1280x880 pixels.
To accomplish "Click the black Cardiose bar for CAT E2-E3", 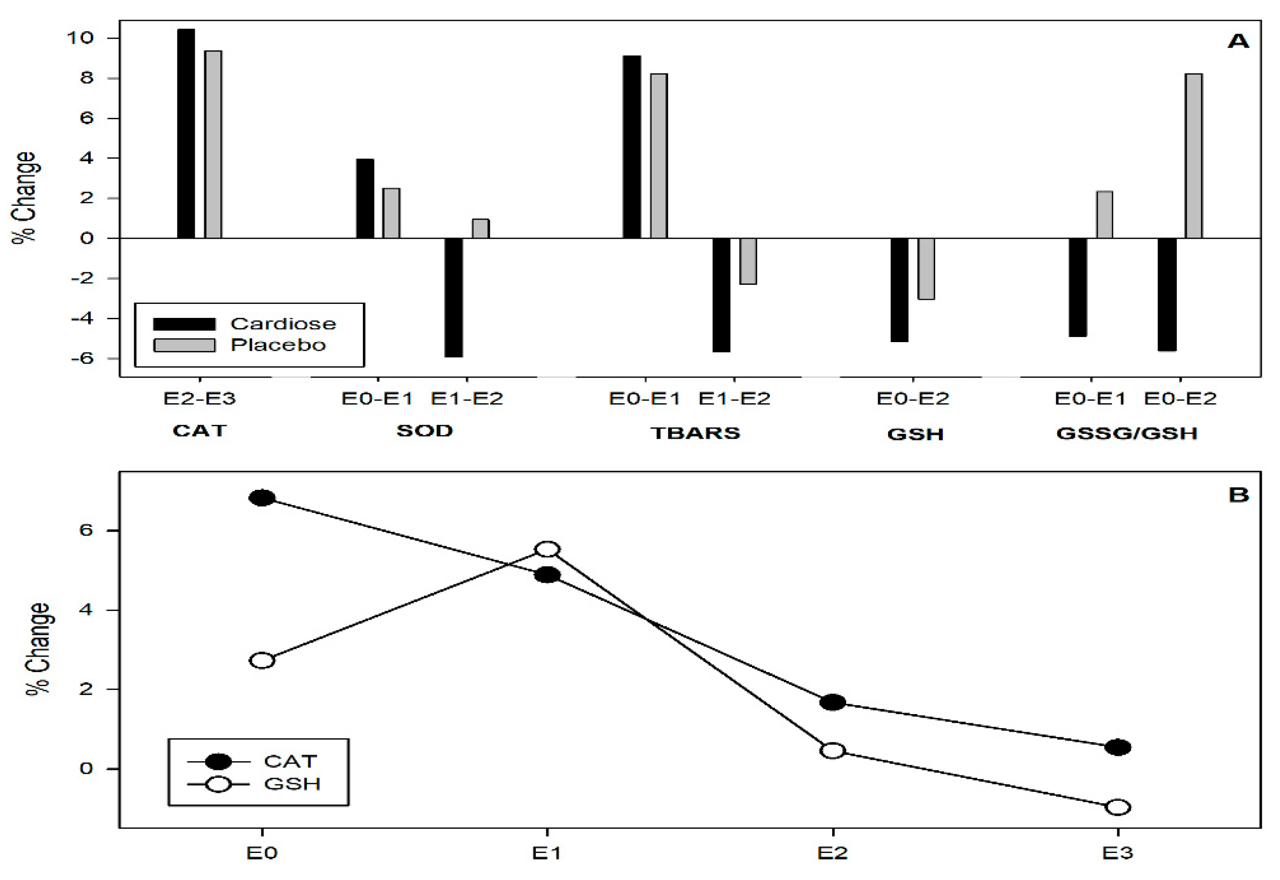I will tap(186, 133).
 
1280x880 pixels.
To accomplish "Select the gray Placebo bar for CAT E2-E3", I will tap(213, 144).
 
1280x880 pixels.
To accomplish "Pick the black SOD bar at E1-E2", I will tap(454, 297).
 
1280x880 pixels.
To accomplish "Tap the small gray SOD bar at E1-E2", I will tap(480, 229).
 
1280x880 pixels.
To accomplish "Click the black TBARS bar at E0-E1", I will tap(632, 147).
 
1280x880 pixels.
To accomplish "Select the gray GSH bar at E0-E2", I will tap(926, 268).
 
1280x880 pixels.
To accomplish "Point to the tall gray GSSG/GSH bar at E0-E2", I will tap(1193, 156).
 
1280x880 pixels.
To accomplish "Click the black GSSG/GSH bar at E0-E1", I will tap(1078, 287).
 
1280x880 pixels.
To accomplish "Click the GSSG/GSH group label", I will tap(1127, 433).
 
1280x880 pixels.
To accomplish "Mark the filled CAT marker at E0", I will tap(262, 498).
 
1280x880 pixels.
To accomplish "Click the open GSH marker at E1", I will tap(548, 549).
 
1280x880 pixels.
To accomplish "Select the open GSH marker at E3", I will tap(1118, 807).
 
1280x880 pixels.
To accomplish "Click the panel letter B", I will tap(1238, 495).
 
